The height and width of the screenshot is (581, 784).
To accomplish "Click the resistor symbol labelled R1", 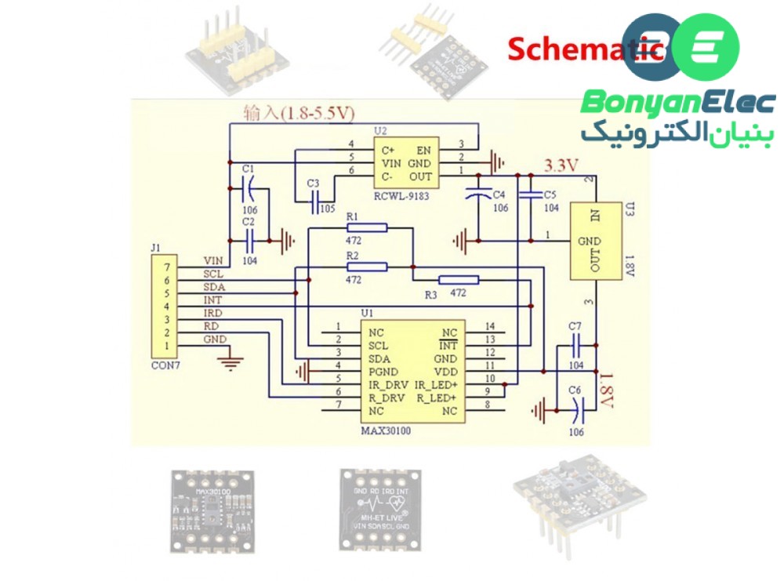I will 366,227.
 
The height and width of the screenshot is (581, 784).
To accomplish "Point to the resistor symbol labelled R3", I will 459,279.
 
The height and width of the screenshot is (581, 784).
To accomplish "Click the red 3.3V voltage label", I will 561,165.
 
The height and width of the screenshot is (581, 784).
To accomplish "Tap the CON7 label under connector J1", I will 164,365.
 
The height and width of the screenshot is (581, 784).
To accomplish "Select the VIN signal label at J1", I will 213,260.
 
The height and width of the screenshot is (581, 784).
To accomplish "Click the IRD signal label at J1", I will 212,313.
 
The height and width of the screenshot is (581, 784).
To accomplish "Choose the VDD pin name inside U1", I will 445,371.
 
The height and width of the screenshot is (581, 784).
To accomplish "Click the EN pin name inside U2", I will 423,149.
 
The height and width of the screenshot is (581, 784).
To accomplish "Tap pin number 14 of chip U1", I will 491,326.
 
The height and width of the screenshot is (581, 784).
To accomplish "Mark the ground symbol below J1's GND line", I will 230,360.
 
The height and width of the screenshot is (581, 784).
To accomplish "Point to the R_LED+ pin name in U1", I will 436,398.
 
